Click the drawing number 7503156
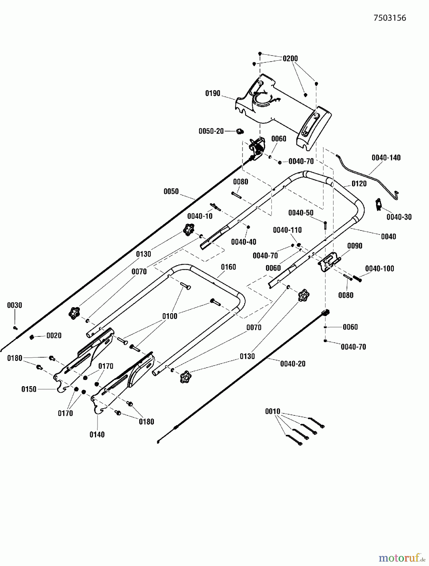click(390, 18)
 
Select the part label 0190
click(213, 93)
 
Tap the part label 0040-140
click(386, 158)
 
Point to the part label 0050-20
click(211, 131)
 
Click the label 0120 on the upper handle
click(359, 184)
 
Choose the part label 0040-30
click(399, 217)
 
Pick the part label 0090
click(355, 246)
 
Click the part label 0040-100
click(379, 269)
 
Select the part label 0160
click(228, 267)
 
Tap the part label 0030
click(14, 305)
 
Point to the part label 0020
click(54, 336)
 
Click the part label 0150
click(29, 389)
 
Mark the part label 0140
click(97, 435)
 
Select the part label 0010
click(272, 411)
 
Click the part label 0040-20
click(293, 364)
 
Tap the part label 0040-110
click(287, 230)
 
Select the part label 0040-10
click(200, 216)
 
